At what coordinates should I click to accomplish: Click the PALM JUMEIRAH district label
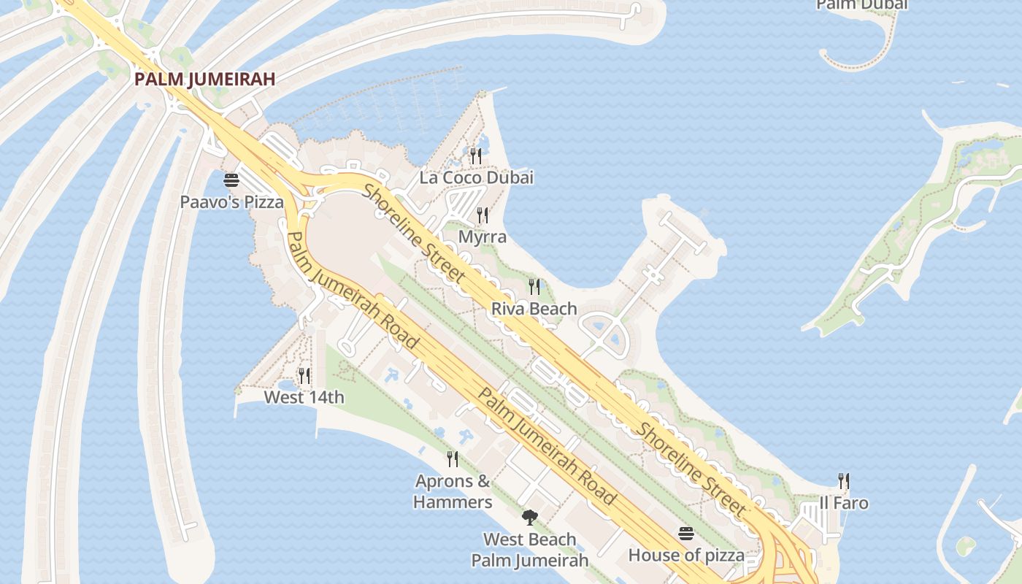204,80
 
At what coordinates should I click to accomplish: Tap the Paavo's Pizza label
231,202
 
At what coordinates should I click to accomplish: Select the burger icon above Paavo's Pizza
231,180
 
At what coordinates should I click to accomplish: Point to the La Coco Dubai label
476,177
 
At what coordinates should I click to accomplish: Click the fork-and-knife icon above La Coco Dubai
475,155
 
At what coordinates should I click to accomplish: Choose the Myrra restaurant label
482,237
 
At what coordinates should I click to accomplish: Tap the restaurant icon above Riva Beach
534,286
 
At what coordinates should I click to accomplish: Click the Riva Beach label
534,309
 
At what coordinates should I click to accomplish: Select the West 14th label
304,398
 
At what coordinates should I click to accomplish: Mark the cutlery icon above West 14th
304,376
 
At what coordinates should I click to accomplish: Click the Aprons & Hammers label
453,491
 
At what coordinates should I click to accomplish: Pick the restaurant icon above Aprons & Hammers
453,458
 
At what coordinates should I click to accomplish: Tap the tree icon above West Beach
530,518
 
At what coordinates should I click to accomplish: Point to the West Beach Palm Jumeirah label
529,550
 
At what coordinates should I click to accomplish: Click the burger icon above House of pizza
685,534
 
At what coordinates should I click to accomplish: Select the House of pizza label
686,556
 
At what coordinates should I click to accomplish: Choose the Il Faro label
844,503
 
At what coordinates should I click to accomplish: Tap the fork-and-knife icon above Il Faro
844,480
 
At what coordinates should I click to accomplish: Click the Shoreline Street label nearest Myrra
414,233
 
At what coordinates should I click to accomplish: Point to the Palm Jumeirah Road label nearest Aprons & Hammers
546,445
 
